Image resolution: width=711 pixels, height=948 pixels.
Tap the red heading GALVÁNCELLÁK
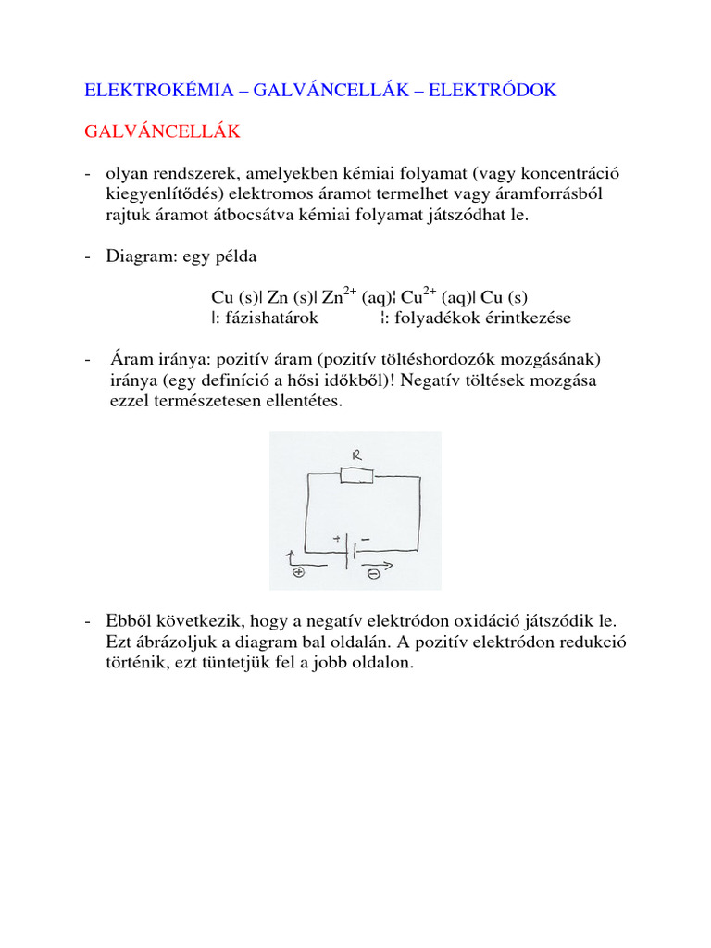pyautogui.click(x=162, y=132)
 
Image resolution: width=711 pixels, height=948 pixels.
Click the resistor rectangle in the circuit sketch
pyautogui.click(x=356, y=476)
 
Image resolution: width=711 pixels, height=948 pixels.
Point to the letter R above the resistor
pyautogui.click(x=355, y=455)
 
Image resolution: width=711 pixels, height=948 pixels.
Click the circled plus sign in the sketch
pyautogui.click(x=298, y=573)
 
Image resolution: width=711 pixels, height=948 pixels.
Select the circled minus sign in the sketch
pyautogui.click(x=371, y=574)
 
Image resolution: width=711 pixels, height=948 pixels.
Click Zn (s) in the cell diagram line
pyautogui.click(x=290, y=298)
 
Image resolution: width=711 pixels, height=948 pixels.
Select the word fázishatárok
pyautogui.click(x=268, y=318)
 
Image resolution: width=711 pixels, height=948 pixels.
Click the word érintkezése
pyautogui.click(x=530, y=318)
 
